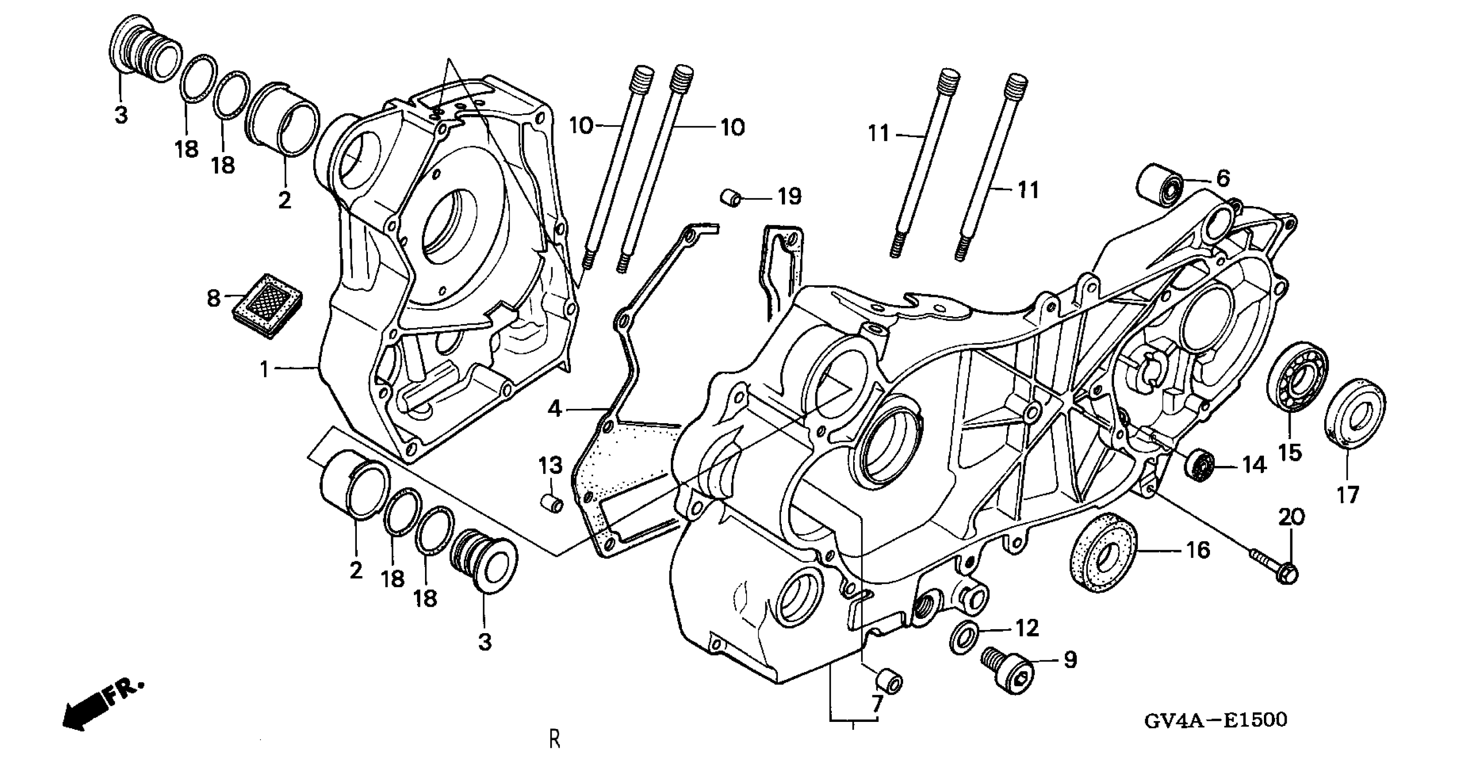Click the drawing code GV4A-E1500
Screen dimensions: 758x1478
(x=1215, y=720)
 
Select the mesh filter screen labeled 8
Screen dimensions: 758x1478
(x=268, y=305)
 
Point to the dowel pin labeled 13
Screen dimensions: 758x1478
(x=551, y=504)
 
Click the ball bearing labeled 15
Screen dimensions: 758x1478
(x=1296, y=376)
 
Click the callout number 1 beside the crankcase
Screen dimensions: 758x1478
(x=264, y=370)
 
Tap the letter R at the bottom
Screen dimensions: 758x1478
(x=554, y=739)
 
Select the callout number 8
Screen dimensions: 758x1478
(x=214, y=298)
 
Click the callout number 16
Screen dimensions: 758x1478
(x=1198, y=550)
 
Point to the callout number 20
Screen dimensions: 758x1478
(x=1291, y=517)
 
